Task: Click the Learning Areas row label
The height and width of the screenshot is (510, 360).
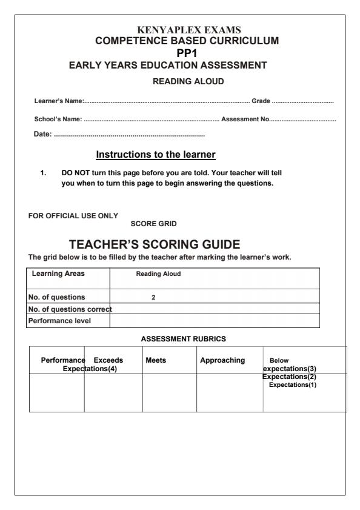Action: coord(59,273)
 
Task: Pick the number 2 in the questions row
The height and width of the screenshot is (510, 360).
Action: coord(153,297)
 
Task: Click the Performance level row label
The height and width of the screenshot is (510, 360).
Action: coord(58,318)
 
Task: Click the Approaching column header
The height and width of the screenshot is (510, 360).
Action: coord(222,360)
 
